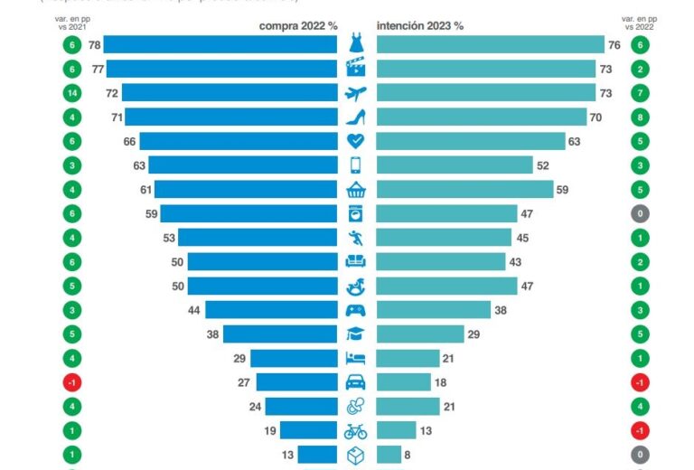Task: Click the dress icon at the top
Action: (x=356, y=42)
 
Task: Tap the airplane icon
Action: (x=356, y=92)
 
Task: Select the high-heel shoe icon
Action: (x=356, y=117)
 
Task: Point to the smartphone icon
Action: (x=356, y=164)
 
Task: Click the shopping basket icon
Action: (x=356, y=189)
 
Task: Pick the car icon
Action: (x=356, y=382)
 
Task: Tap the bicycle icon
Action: (x=356, y=430)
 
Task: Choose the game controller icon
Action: (x=356, y=310)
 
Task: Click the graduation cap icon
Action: (x=356, y=334)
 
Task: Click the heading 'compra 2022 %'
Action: (x=297, y=26)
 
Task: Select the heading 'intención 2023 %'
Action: (x=420, y=26)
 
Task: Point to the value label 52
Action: (x=543, y=164)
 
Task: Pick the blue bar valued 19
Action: (x=308, y=430)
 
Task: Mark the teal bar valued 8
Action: (x=389, y=454)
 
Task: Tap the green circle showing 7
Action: (x=641, y=92)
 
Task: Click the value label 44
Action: (x=192, y=310)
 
